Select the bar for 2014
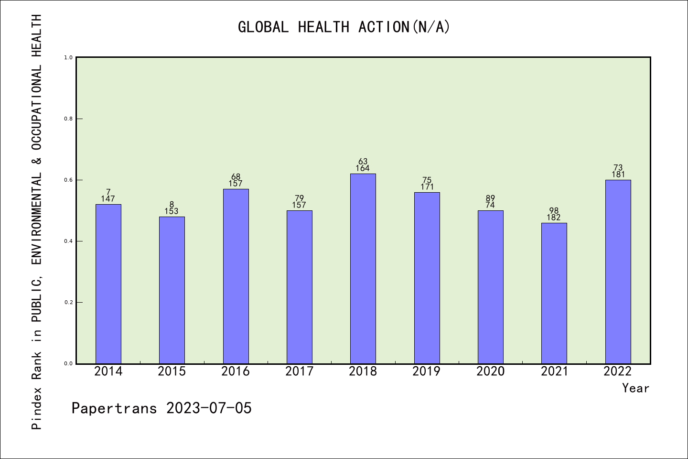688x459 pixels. (108, 284)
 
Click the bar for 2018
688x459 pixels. (363, 268)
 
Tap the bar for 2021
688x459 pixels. (554, 293)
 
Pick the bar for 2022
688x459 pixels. (618, 272)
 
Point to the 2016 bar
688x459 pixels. (236, 276)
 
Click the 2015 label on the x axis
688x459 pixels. (172, 372)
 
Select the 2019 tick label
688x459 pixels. (427, 372)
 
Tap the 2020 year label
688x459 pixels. (491, 372)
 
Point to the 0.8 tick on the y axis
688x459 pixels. (68, 119)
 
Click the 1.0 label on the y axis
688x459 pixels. (68, 57)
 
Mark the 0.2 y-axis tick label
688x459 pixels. (68, 302)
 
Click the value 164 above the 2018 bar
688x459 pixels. (363, 168)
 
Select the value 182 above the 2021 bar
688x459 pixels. (554, 218)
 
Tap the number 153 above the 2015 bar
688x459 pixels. (172, 211)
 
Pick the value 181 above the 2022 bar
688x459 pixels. (618, 175)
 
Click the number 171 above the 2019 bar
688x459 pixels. (427, 187)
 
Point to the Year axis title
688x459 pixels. (635, 388)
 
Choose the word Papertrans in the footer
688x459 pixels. (114, 408)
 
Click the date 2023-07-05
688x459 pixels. (209, 408)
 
